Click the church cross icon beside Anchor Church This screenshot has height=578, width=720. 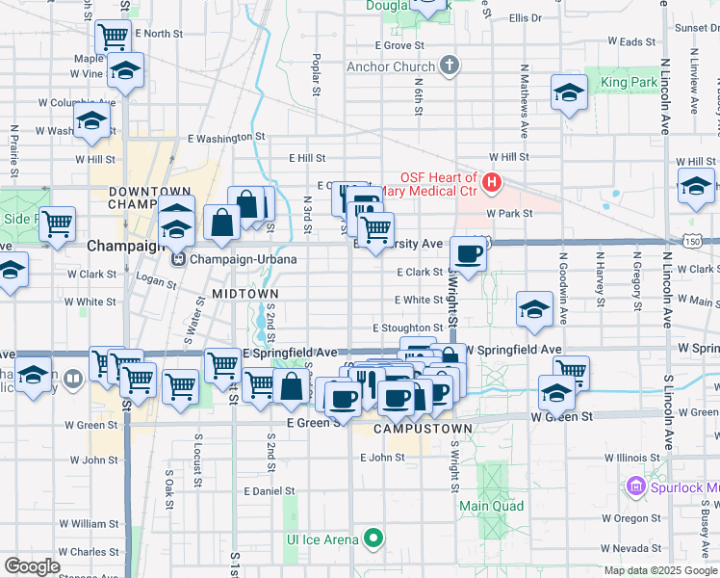pyautogui.click(x=448, y=66)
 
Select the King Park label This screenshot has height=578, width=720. pyautogui.click(x=628, y=84)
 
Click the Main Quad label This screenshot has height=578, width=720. pyautogui.click(x=491, y=506)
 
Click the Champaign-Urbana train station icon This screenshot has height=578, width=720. pyautogui.click(x=177, y=259)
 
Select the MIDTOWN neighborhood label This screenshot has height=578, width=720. pyautogui.click(x=244, y=293)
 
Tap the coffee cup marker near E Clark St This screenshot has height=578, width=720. pyautogui.click(x=468, y=254)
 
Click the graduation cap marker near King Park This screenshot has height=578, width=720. pyautogui.click(x=569, y=92)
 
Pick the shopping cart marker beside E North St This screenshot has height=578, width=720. pyautogui.click(x=114, y=38)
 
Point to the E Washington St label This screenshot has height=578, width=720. pyautogui.click(x=225, y=138)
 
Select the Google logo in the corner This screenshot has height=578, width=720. pyautogui.click(x=33, y=566)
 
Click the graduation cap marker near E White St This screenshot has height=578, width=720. pyautogui.click(x=533, y=309)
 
